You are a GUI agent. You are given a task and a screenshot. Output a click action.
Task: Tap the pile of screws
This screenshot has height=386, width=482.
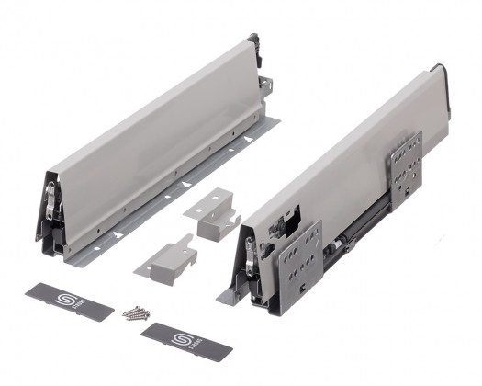[x=135, y=312]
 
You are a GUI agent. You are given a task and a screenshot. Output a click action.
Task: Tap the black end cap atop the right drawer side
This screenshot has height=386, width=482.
[x=442, y=73]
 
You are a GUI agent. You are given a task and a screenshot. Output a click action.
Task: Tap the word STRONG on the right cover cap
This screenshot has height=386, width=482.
[x=183, y=341]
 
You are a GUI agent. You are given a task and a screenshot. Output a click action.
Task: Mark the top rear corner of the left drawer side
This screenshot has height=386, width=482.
[x=249, y=41]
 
